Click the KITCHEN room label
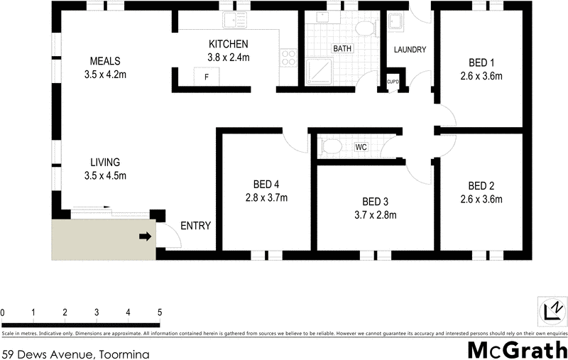click(228, 44)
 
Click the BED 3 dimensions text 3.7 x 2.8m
click(374, 215)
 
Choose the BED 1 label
click(482, 61)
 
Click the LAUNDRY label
click(410, 50)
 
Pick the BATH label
click(342, 50)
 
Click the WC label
click(361, 148)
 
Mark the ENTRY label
click(195, 226)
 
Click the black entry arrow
click(144, 236)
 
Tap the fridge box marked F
click(207, 76)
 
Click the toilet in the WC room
click(330, 147)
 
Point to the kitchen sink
click(233, 21)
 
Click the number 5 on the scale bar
click(160, 312)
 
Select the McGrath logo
click(518, 350)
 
